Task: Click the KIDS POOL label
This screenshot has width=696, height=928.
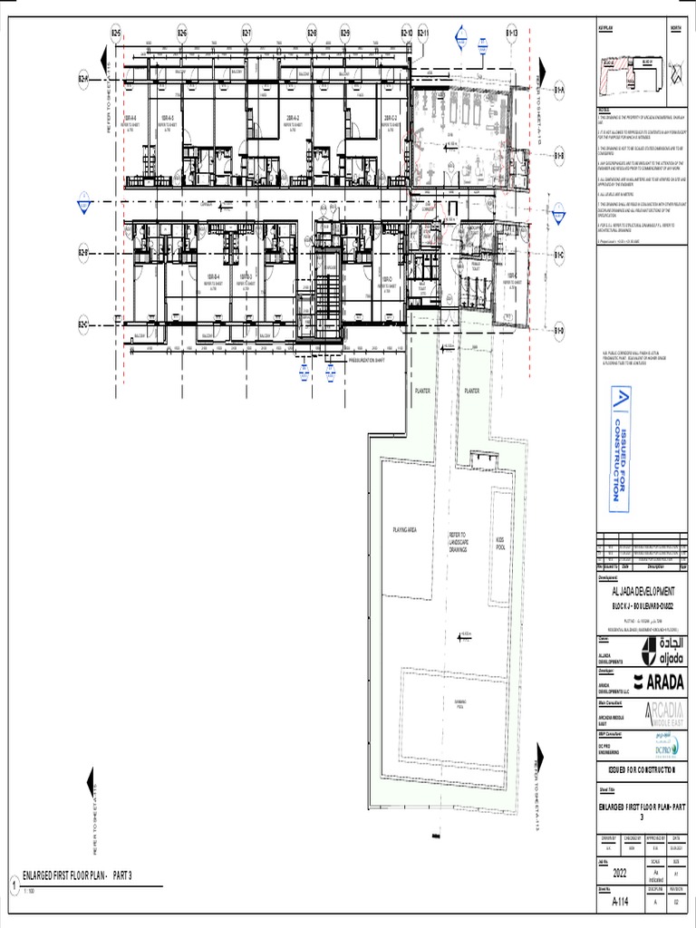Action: pyautogui.click(x=500, y=543)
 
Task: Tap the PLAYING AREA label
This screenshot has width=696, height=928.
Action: pyautogui.click(x=403, y=529)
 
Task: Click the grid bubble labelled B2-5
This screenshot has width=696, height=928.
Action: pyautogui.click(x=116, y=34)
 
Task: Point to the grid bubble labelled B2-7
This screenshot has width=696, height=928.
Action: pyautogui.click(x=246, y=34)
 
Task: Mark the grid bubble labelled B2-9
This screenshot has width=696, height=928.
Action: pyautogui.click(x=344, y=34)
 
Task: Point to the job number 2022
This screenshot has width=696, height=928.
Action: pyautogui.click(x=620, y=874)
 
